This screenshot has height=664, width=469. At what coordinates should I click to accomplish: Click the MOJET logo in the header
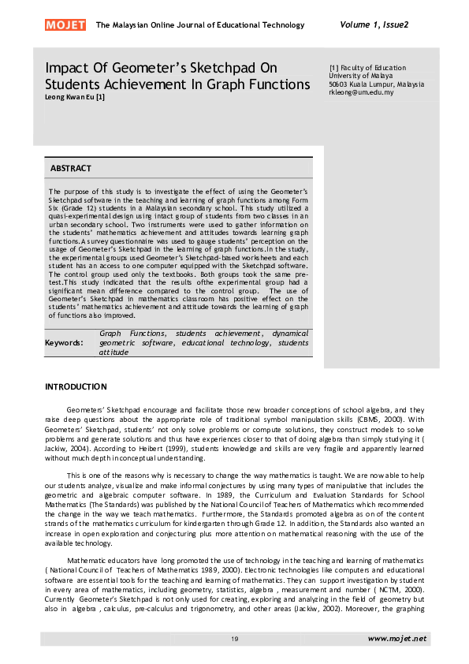click(66, 25)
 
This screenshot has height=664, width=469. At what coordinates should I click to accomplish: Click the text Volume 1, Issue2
click(374, 24)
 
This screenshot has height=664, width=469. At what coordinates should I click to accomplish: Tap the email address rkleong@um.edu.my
click(362, 92)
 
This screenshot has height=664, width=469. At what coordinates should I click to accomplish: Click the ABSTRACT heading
click(71, 169)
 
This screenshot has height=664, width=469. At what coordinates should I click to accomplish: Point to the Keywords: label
click(64, 343)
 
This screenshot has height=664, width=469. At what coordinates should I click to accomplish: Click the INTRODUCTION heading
click(76, 386)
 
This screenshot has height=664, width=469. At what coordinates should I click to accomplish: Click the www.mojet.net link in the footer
click(396, 638)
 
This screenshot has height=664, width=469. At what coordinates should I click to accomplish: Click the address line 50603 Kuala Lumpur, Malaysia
click(376, 84)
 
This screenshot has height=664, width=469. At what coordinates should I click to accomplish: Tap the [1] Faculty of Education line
click(367, 68)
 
